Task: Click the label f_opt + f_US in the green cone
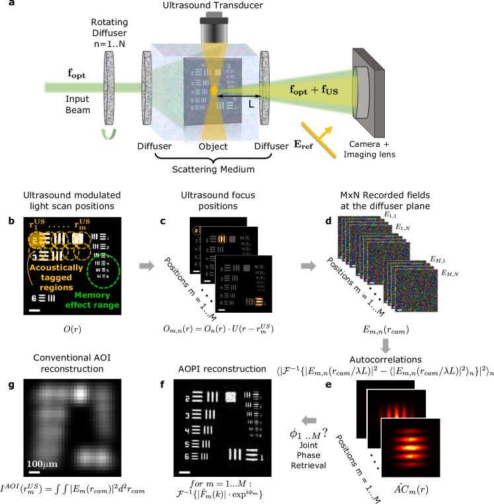tap(313, 89)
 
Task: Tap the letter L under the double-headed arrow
tap(251, 105)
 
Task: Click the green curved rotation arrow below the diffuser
tap(108, 134)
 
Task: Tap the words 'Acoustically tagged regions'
tap(56, 278)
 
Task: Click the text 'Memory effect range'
tap(92, 300)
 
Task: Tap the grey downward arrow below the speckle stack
tap(386, 346)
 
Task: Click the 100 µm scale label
tap(42, 464)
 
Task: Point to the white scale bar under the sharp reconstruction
tap(185, 472)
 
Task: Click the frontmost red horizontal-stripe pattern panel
tap(410, 447)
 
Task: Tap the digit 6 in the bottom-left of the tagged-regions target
tap(33, 298)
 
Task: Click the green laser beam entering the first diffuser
tap(73, 87)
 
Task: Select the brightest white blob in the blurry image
tap(80, 394)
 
